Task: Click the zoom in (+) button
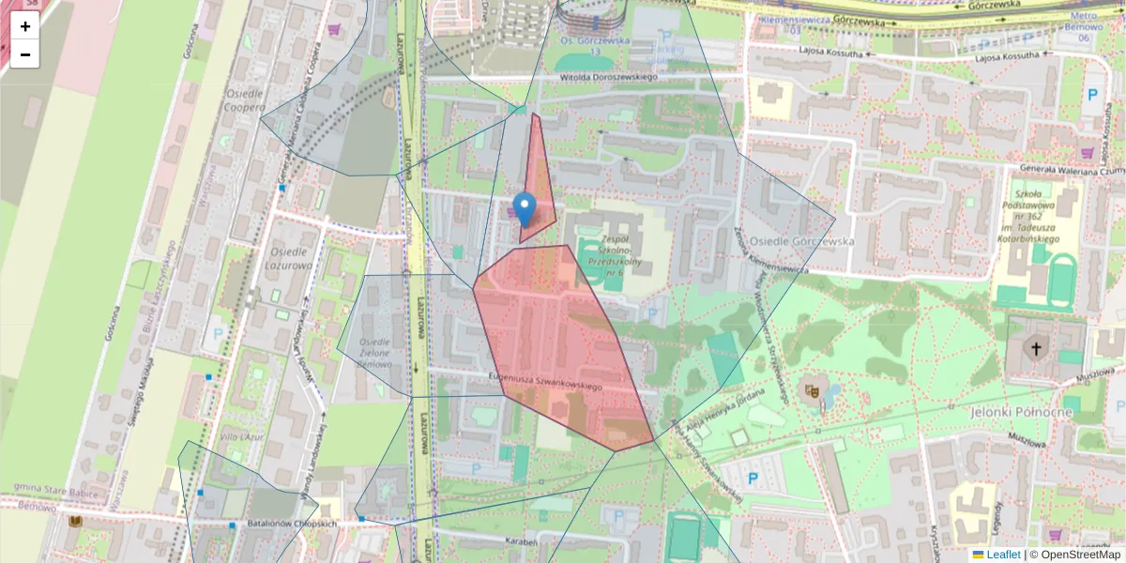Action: [x=25, y=26]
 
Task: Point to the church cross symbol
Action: [x=1037, y=350]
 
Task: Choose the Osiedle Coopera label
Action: [x=242, y=100]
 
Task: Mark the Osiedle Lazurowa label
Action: [x=290, y=259]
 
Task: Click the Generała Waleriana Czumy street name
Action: [x=1071, y=170]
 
